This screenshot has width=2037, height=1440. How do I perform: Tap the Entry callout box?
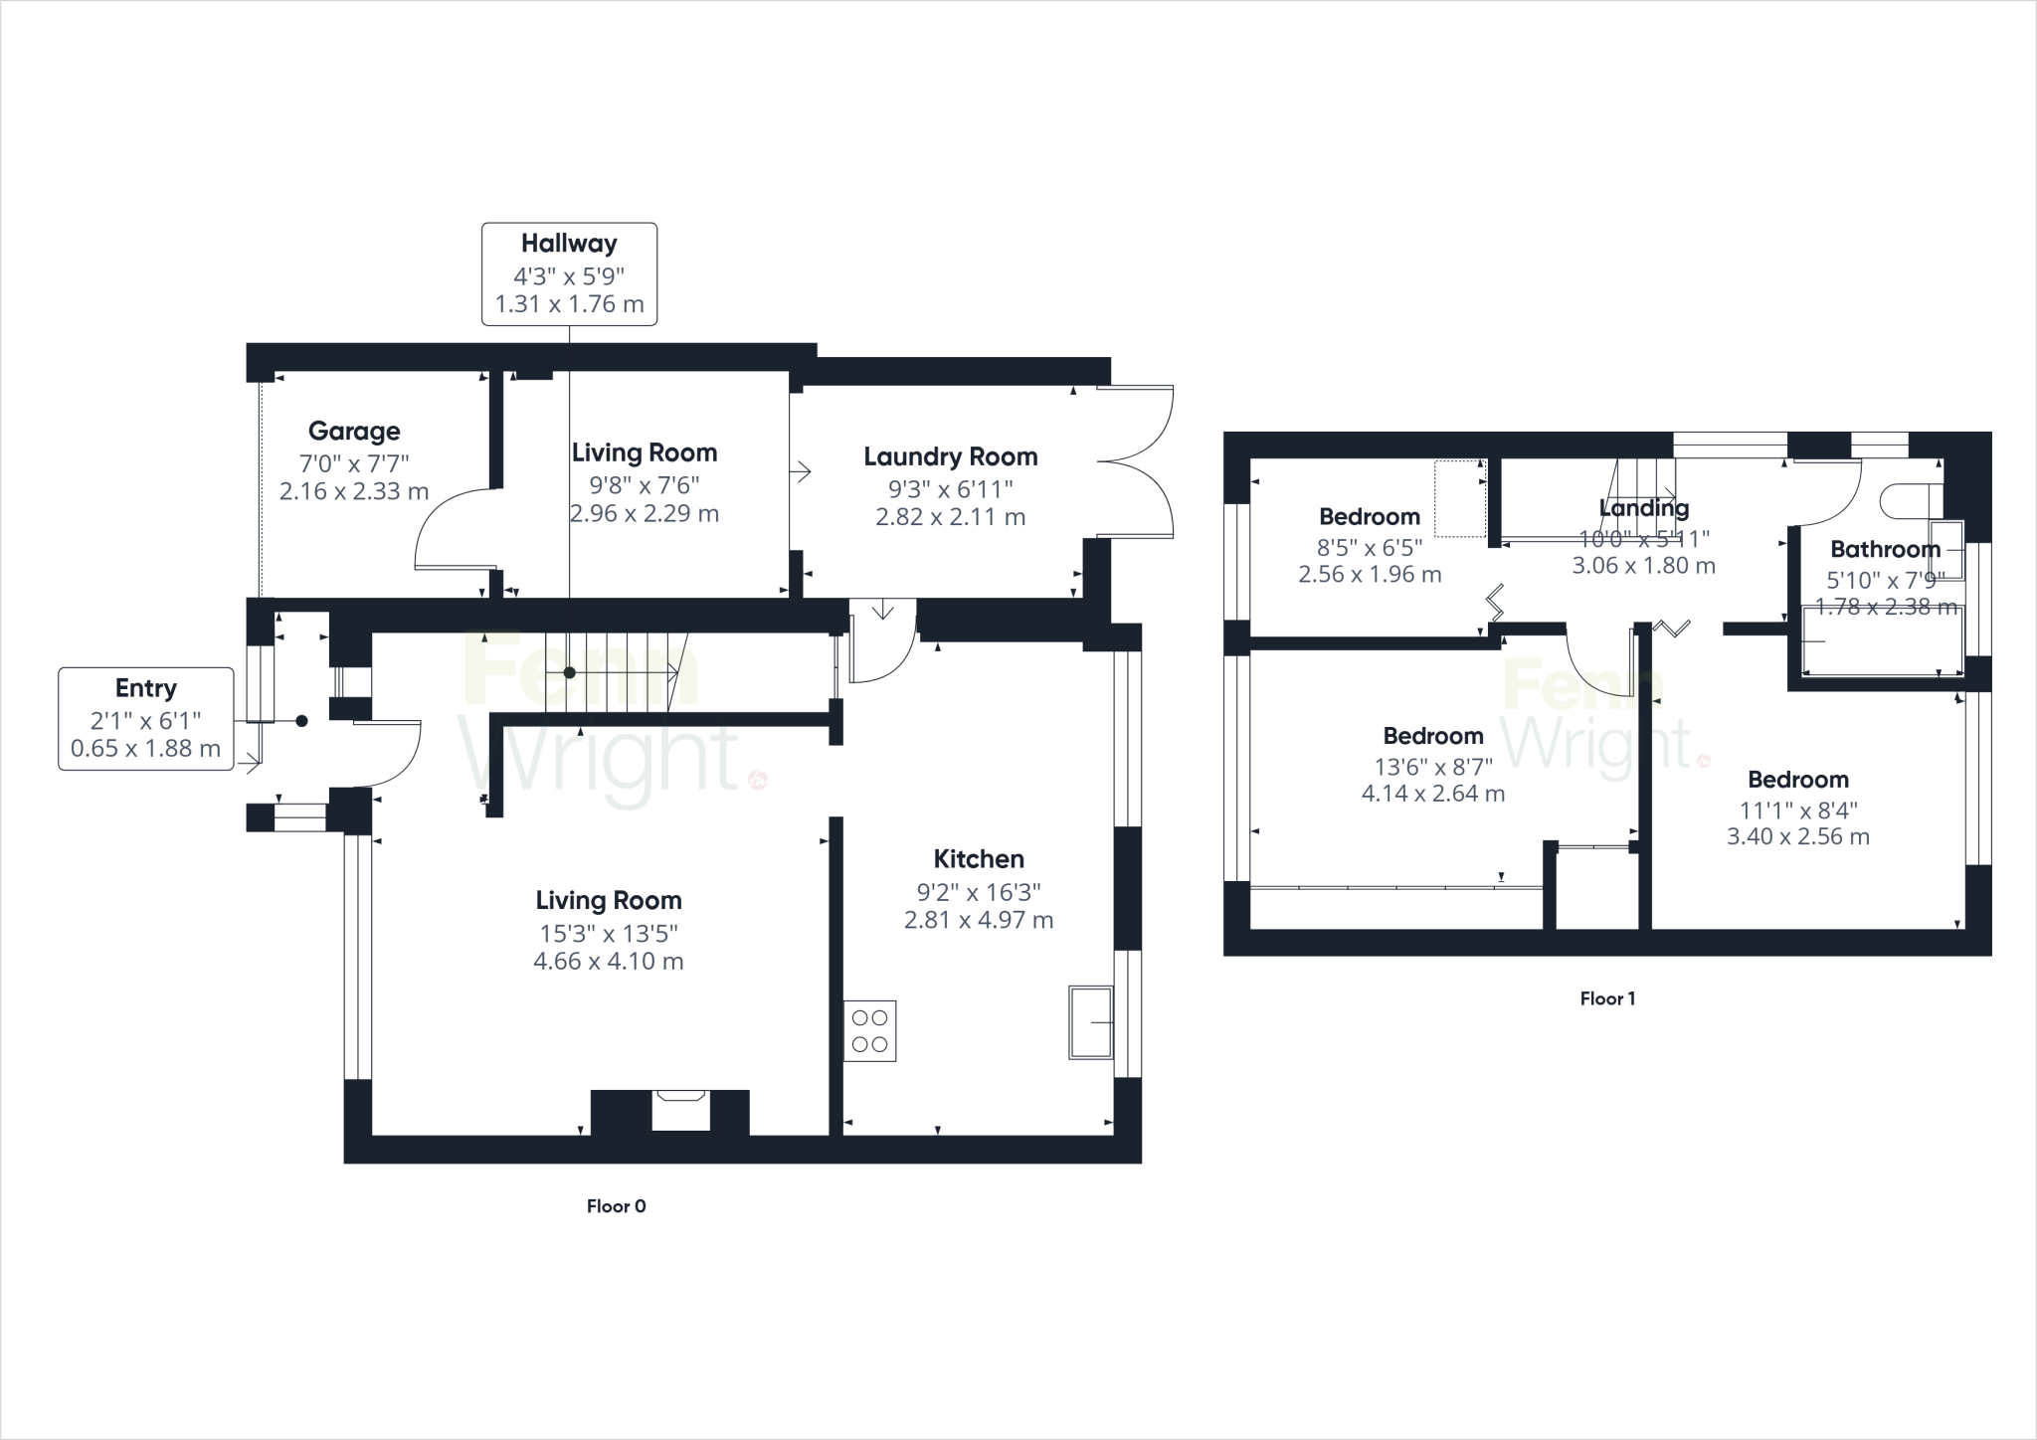[146, 718]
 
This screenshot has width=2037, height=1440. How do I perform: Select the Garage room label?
[354, 431]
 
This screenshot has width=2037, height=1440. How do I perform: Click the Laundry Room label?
[950, 456]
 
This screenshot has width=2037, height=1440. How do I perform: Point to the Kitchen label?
[979, 859]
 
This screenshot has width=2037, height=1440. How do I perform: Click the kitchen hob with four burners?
[870, 1030]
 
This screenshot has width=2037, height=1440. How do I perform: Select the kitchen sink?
[1091, 1022]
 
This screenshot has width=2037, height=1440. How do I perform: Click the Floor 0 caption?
[616, 1206]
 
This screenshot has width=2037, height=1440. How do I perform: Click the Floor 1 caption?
[1607, 998]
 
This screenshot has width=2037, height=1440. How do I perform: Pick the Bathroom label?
[1885, 549]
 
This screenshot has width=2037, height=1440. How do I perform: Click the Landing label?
[1643, 508]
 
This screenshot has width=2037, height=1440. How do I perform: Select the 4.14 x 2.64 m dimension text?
[1432, 794]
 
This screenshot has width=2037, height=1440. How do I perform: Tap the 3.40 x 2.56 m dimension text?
[1797, 836]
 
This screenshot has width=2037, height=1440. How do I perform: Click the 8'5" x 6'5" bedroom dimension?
[1370, 547]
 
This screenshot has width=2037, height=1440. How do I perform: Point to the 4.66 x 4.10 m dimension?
[608, 962]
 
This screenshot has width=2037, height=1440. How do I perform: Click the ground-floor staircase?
[610, 672]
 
